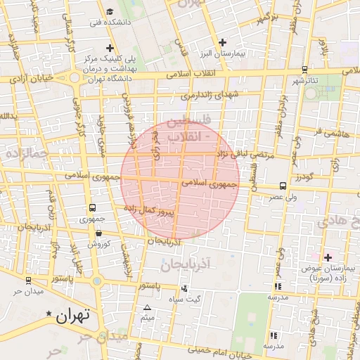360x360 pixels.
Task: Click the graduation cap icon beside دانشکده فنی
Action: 110,11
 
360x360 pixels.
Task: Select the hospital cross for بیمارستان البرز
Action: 223,43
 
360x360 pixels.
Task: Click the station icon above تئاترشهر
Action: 304,69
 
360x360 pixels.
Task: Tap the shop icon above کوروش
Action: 98,233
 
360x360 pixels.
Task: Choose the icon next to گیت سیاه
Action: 184,288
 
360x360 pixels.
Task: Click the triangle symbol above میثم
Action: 148,308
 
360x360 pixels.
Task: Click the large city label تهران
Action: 74,316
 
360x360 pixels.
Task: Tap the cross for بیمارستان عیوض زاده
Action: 328,257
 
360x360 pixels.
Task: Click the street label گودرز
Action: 304,176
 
